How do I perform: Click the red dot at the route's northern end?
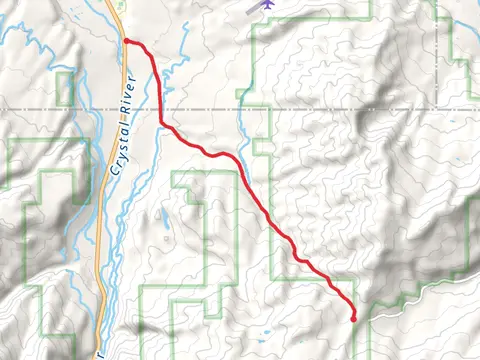tap(126, 41)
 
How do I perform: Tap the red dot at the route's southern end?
tap(354, 318)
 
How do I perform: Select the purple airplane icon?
tap(267, 5)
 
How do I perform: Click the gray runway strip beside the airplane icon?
tap(252, 8)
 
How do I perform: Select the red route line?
tap(270, 220)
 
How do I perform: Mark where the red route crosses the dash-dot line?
tap(160, 107)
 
